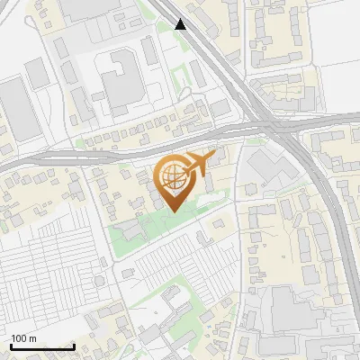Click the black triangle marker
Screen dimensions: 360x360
(x=181, y=24)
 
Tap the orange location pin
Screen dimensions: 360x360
(x=172, y=180)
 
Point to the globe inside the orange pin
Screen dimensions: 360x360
(x=171, y=176)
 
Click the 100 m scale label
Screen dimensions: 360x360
(x=24, y=338)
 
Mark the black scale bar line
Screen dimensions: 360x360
(x=42, y=346)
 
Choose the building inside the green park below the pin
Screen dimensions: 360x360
(x=131, y=231)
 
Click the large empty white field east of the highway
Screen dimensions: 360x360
(x=337, y=81)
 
